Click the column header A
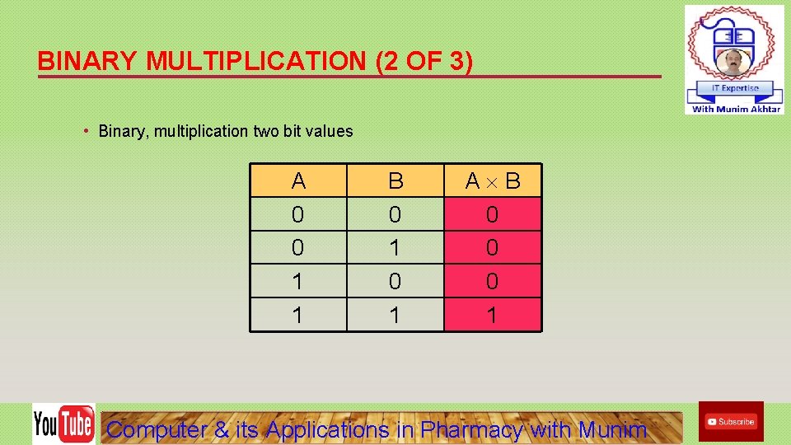coord(298,180)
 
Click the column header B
coord(395,180)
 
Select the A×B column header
coord(493,180)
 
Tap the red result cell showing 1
coord(492,315)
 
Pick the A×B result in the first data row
coord(492,215)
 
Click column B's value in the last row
coord(395,315)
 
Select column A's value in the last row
coord(298,315)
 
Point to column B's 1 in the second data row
coord(395,247)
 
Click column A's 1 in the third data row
coord(298,282)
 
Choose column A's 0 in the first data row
coord(298,215)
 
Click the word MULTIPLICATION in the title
coord(258,61)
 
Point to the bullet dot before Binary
coord(87,130)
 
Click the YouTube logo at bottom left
coord(63,424)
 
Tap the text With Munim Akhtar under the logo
coord(736,109)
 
